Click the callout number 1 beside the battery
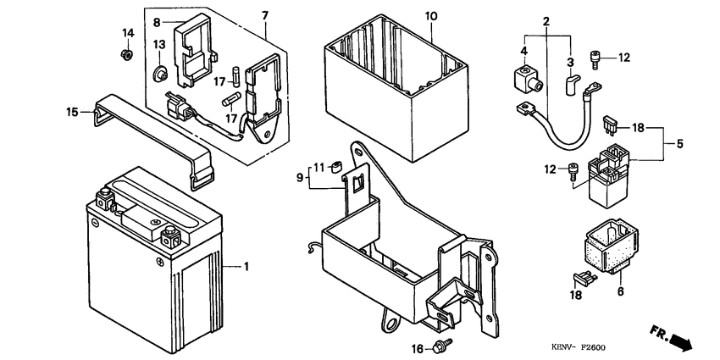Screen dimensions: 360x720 click(246, 268)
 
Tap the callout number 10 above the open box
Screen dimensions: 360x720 click(431, 16)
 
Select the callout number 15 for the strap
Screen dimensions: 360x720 click(72, 110)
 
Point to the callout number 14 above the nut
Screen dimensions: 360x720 click(128, 33)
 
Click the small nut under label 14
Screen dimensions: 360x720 click(125, 55)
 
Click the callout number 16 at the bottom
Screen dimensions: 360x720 click(416, 348)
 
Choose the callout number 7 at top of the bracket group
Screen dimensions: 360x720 click(264, 16)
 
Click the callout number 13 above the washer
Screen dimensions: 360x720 click(158, 45)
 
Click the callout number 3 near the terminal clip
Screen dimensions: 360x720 click(569, 62)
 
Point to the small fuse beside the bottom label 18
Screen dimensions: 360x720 click(582, 276)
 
